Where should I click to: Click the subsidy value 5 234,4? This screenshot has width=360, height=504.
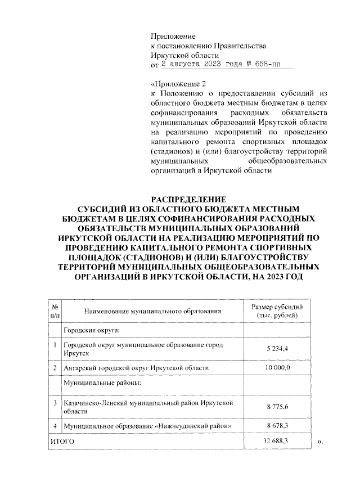pos(277,349)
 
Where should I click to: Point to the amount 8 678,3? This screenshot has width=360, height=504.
pos(277,426)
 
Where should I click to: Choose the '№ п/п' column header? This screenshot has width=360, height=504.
pos(55,310)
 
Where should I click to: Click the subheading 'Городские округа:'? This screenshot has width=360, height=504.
pos(91,330)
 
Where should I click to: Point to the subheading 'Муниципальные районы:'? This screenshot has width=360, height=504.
pos(101,384)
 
